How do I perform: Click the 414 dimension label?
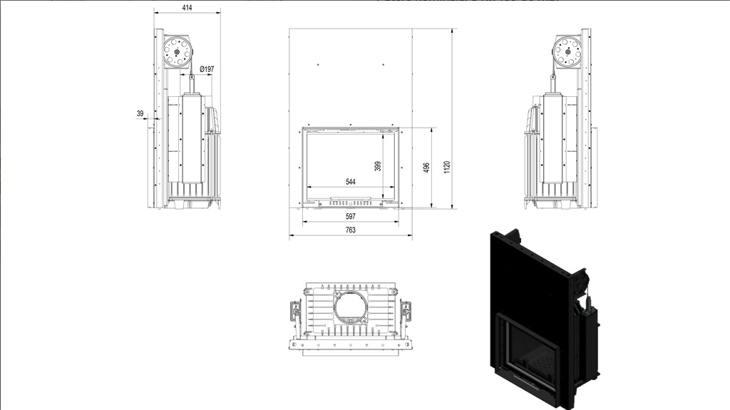point(187,7)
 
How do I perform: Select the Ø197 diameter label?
point(207,69)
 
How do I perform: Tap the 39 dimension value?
point(140,113)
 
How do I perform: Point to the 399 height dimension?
point(378,166)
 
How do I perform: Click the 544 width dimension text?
point(351,182)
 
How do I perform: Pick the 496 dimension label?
point(426,168)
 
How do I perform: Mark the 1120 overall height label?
point(447,168)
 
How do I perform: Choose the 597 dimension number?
point(351,216)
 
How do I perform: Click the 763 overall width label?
point(351,230)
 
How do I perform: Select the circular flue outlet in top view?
point(351,307)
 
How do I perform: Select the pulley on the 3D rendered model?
point(580,282)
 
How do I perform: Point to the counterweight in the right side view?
point(553,138)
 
